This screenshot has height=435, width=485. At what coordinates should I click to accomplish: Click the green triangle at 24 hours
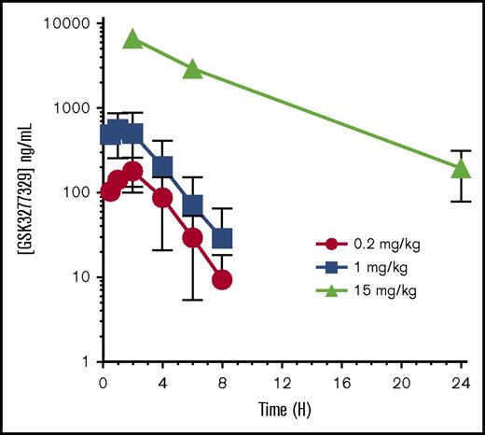tap(461, 168)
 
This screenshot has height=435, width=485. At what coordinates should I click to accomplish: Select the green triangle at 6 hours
tap(192, 68)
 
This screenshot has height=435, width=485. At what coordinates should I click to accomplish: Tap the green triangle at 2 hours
tap(132, 38)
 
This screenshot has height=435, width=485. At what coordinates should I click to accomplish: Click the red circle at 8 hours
tap(222, 279)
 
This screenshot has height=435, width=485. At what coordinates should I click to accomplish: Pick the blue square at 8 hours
tap(222, 238)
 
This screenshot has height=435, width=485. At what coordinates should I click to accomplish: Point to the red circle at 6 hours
tap(192, 237)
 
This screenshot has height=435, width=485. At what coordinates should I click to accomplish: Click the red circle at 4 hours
tap(162, 198)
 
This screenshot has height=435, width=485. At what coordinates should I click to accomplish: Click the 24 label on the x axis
tap(461, 383)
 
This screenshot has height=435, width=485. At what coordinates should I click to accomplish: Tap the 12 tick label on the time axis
tap(282, 383)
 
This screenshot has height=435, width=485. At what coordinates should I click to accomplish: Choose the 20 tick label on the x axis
tap(401, 383)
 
